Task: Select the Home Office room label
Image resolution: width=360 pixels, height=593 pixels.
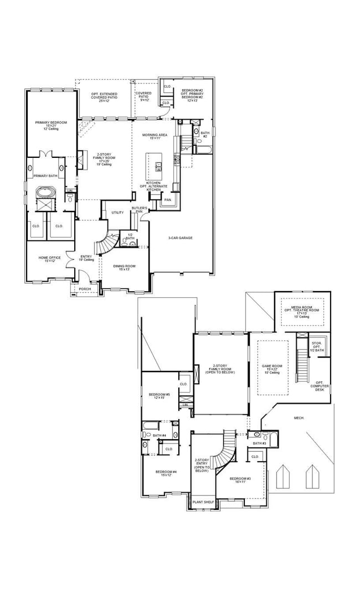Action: (46, 259)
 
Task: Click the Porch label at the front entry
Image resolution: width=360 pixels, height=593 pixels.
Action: (85, 288)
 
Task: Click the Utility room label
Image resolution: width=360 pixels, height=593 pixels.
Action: (117, 212)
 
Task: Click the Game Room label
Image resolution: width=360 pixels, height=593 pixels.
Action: (271, 369)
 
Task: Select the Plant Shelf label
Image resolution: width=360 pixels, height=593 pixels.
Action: (203, 502)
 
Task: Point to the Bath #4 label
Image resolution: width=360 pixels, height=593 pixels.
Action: (160, 436)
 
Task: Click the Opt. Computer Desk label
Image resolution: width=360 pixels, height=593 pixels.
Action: (320, 384)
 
